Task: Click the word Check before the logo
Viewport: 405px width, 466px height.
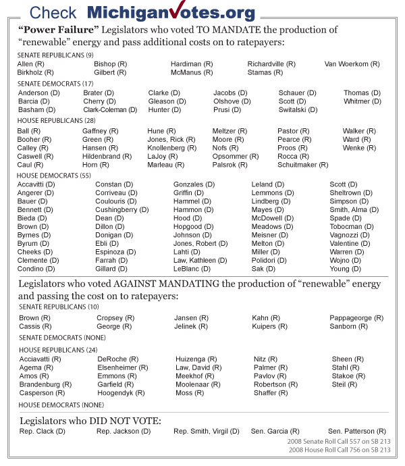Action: pos(53,12)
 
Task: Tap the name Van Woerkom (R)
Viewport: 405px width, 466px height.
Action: pos(352,63)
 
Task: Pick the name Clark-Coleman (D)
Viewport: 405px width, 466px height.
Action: pos(109,109)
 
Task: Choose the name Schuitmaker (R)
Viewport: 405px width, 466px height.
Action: pos(303,164)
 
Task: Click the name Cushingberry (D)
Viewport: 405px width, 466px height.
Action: pos(122,209)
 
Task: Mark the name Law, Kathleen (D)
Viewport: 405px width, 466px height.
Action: pos(200,260)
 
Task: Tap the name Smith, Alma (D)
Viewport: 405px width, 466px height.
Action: pos(358,209)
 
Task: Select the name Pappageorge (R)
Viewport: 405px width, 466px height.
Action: pos(356,317)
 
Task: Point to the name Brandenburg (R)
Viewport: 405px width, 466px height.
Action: pos(45,384)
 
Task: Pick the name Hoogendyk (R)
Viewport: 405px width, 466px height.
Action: pos(121,392)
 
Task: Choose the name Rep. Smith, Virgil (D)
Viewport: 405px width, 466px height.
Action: pos(207,431)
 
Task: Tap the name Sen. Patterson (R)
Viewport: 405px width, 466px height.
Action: pos(357,431)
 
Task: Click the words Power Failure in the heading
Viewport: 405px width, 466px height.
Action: pos(57,30)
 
